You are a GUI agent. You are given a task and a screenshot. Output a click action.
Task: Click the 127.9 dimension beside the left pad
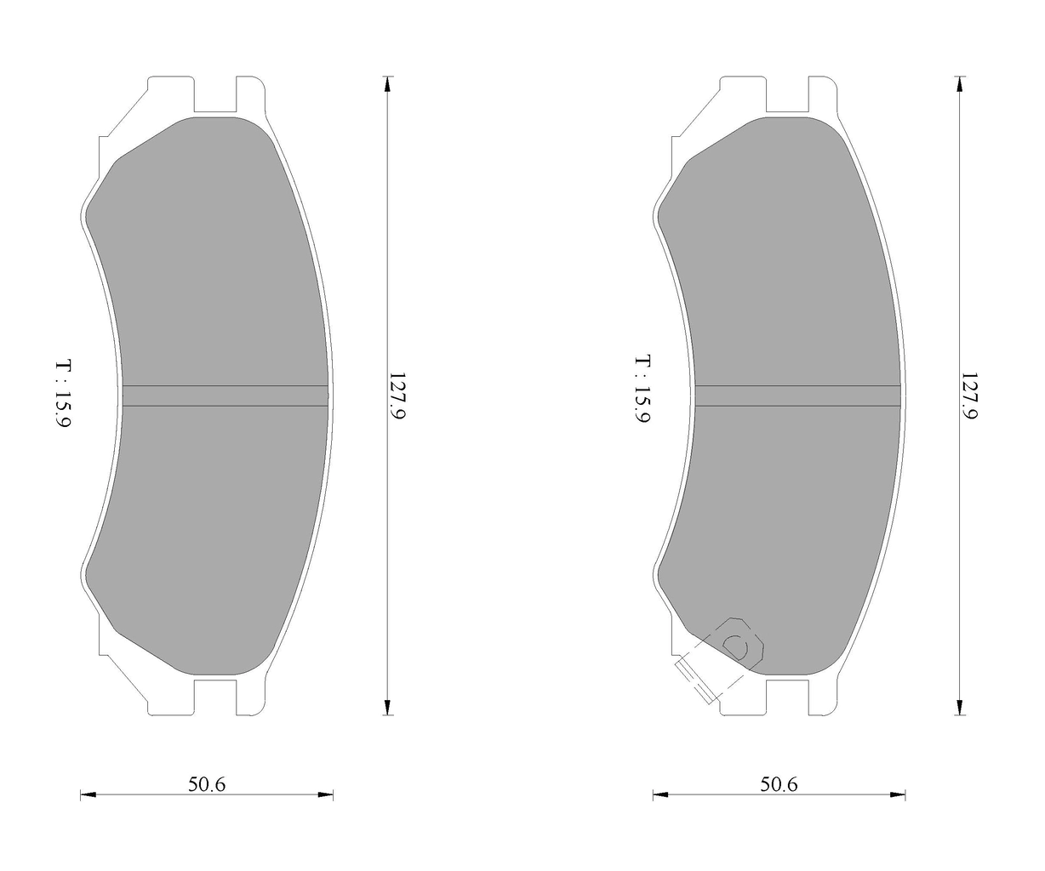(397, 396)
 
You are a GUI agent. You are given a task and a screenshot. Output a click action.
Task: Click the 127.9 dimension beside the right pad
(969, 396)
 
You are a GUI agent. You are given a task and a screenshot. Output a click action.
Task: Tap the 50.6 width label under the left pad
(207, 784)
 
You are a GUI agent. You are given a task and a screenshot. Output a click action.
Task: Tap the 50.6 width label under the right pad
(779, 784)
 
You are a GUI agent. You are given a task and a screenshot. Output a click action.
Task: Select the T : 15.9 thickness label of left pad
(64, 392)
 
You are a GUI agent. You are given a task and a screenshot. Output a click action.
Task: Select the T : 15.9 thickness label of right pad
(642, 390)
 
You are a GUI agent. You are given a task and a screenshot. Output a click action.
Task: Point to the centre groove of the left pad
(226, 396)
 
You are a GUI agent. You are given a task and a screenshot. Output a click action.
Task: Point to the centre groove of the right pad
(797, 396)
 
